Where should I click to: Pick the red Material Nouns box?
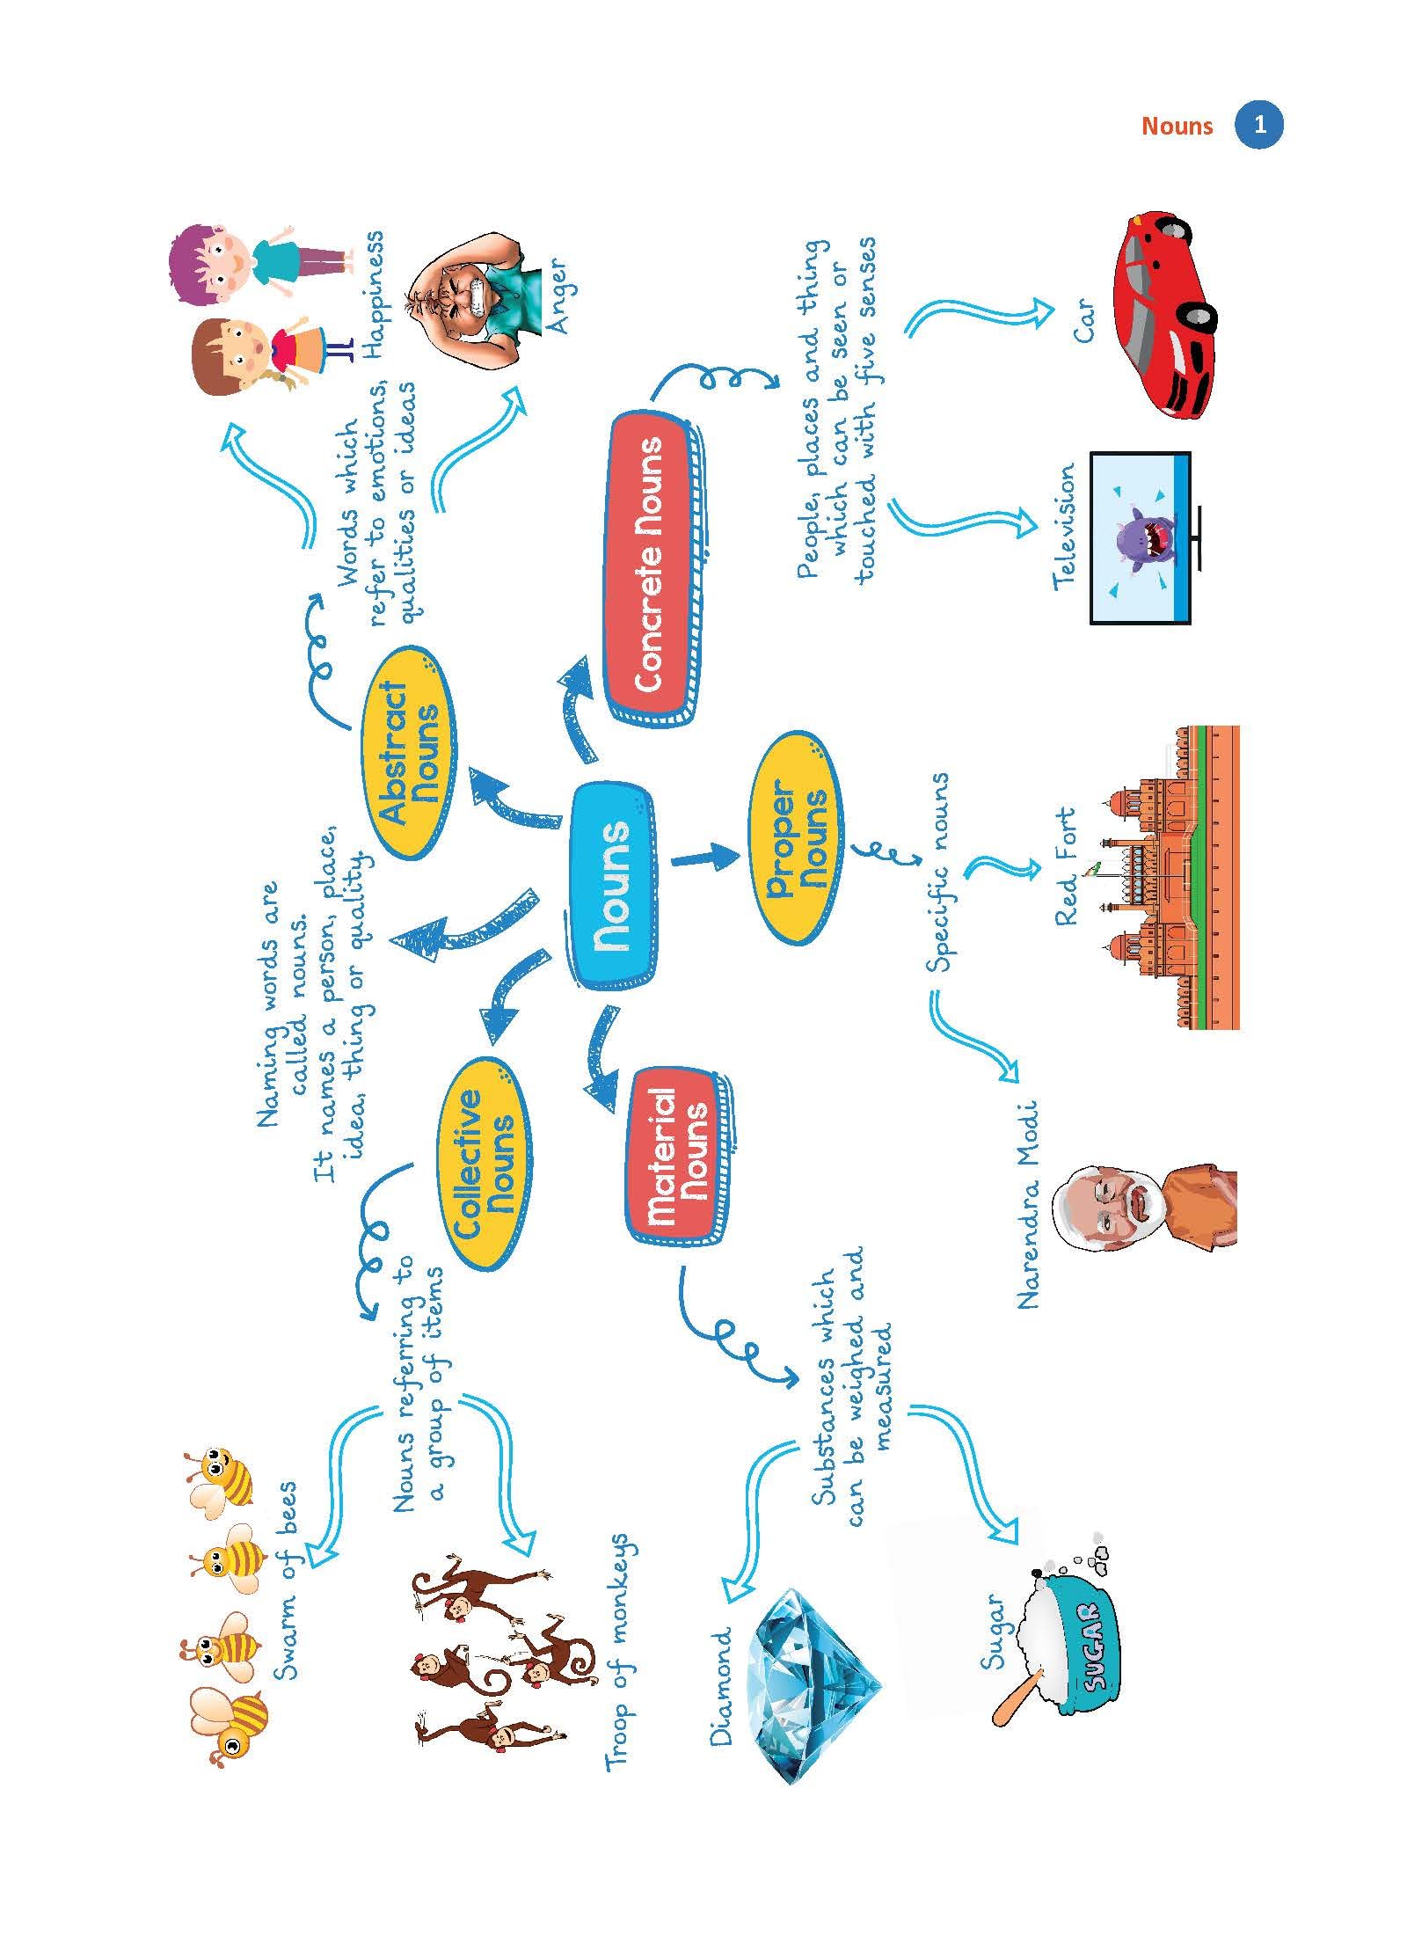678,1158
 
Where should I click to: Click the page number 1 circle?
1259,126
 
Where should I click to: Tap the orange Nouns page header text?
1176,127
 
